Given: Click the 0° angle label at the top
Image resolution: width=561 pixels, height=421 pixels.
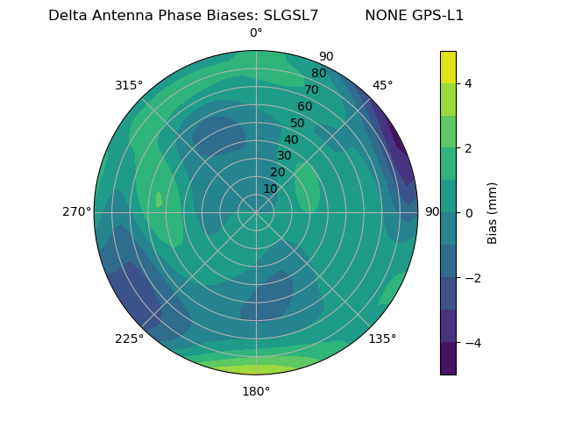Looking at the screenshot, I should coord(256,33).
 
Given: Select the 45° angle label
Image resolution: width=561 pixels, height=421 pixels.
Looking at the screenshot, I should coord(382,85).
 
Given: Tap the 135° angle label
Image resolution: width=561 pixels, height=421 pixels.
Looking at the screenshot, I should coord(382,339).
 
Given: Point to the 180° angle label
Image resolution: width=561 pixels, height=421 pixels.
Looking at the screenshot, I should coord(256,391).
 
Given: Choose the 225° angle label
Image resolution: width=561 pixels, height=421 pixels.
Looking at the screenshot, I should coord(129,339).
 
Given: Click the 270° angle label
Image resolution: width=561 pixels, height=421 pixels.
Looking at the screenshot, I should coord(76,212).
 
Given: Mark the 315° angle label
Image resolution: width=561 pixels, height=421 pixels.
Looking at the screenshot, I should coord(129,85).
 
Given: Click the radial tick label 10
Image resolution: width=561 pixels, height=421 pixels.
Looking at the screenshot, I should coord(270,189).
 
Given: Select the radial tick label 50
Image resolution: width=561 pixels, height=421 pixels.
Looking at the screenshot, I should coord(297,123).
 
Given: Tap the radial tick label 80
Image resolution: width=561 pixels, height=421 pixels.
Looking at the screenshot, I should coord(318,73).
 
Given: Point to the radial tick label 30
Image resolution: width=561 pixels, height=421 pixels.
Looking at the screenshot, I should coord(284,156).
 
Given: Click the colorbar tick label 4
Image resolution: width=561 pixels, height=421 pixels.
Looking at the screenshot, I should coord(469,83).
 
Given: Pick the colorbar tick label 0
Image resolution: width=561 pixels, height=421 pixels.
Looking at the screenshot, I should coord(469,213).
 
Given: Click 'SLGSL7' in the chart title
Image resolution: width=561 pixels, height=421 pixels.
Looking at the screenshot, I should coord(291,16).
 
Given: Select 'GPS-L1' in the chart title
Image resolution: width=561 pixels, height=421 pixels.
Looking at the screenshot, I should coord(438,16).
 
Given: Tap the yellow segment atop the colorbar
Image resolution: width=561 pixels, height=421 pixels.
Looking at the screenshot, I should coord(448,67).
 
